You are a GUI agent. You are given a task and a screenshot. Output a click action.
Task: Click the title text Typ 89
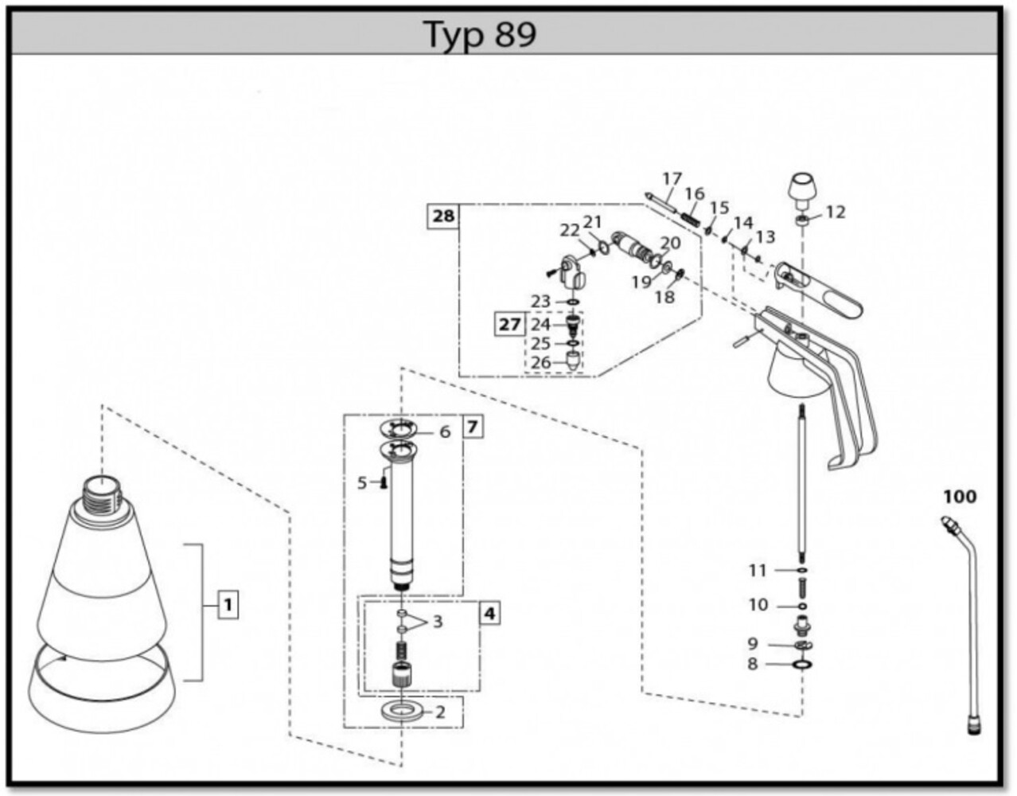point(480,34)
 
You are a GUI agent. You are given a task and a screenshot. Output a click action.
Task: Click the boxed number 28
point(443,217)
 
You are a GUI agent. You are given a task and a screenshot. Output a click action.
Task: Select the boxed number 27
point(510,325)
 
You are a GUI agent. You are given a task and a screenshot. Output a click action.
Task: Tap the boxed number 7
point(473,427)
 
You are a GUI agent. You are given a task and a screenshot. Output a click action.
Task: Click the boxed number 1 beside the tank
point(228,605)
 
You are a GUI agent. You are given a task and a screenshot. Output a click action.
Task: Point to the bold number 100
point(959,497)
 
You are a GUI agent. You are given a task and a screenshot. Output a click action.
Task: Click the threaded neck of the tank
point(101,495)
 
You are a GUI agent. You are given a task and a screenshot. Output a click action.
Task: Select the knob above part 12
point(802,189)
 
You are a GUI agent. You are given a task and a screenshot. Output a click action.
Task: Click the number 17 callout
point(672,178)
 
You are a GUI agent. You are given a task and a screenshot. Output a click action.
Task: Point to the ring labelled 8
point(802,663)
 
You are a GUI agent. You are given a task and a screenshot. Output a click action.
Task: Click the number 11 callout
point(757,570)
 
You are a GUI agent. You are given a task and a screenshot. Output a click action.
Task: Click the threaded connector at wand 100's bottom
point(972,724)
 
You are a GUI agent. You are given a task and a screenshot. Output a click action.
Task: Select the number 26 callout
point(541,362)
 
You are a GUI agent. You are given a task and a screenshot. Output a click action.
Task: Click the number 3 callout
point(437,621)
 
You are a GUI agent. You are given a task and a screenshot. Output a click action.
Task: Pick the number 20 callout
point(670,243)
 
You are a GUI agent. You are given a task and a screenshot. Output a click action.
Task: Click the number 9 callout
point(753,643)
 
